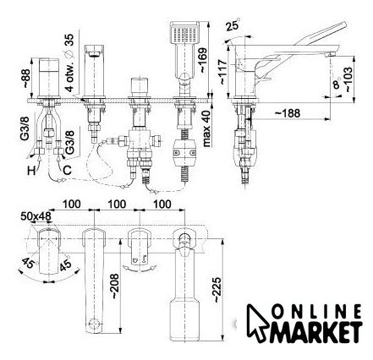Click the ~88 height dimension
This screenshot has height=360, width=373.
coord(25,79)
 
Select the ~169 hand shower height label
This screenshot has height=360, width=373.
coord(203,61)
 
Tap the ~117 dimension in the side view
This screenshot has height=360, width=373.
coord(222,72)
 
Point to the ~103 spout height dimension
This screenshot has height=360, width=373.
coord(348,79)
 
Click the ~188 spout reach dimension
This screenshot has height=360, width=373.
coord(288,113)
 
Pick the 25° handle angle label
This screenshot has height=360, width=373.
coord(233,25)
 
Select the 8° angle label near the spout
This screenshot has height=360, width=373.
coord(337,84)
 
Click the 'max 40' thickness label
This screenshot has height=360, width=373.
coord(207,128)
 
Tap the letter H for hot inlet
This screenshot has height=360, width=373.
coord(31,171)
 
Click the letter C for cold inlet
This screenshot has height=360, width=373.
coord(67,170)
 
